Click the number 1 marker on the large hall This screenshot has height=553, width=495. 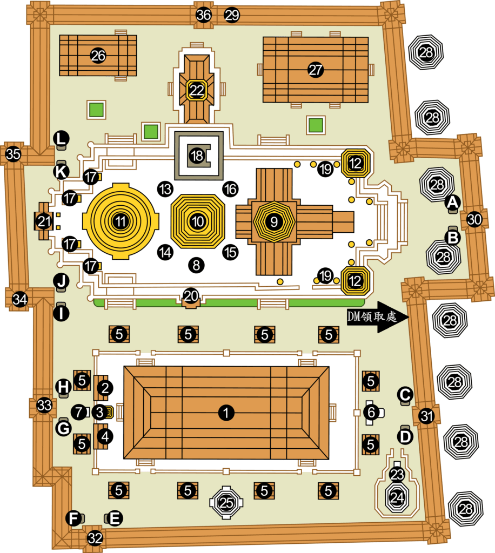point(226,413)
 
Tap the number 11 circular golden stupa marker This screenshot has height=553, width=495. point(120,221)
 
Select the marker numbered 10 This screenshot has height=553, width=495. point(198,221)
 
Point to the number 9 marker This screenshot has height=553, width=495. point(275,221)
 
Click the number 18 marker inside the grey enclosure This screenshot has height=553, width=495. point(198,156)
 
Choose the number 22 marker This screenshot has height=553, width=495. point(197,90)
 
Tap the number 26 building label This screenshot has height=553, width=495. point(98,56)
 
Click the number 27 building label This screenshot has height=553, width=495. point(316,69)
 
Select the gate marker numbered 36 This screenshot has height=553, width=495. point(204,15)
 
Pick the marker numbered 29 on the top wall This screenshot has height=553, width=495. point(232,15)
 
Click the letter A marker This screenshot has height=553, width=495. point(452,202)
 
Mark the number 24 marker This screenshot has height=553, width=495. point(397,496)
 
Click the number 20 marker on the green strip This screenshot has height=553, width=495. point(191,295)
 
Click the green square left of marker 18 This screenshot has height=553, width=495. point(151,131)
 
